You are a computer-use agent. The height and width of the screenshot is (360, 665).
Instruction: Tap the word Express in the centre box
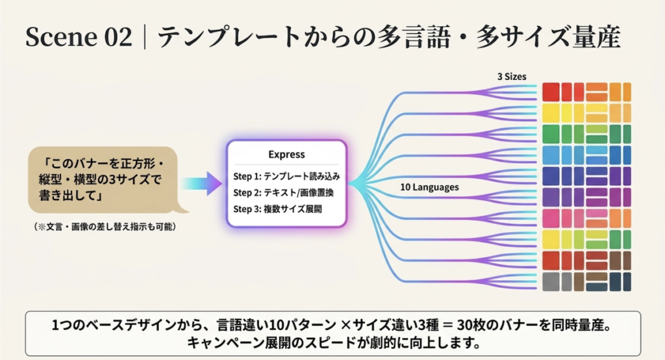tap(286, 155)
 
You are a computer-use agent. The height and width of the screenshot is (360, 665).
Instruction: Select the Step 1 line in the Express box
tap(286, 176)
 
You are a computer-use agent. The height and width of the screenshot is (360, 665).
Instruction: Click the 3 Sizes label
tap(511, 76)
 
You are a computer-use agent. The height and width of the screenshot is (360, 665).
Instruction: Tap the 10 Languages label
tap(429, 187)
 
